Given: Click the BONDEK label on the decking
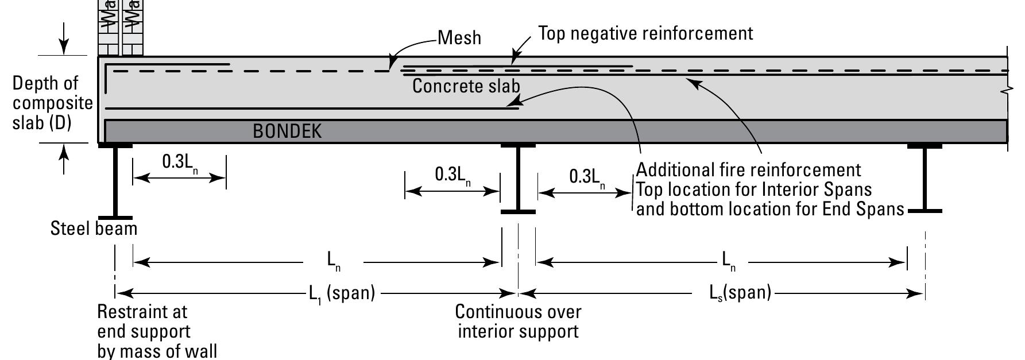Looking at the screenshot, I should (x=287, y=131).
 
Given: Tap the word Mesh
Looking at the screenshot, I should (x=459, y=38).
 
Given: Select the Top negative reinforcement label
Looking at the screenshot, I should (x=645, y=33).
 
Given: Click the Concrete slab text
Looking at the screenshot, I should (x=466, y=86).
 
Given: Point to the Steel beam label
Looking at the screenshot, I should (x=94, y=229).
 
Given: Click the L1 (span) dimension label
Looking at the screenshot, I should (x=342, y=293).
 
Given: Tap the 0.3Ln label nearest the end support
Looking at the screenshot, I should (x=181, y=162).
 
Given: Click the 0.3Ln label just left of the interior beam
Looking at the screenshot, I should (x=453, y=175).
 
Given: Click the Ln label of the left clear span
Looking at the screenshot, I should (x=334, y=261).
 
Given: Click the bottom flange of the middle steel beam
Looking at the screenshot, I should (x=518, y=212).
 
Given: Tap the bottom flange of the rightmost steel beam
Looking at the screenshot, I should (x=925, y=211).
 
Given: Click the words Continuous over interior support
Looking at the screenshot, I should (x=518, y=322).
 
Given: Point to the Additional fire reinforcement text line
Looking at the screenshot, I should (x=748, y=170).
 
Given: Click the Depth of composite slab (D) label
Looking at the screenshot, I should (x=52, y=103).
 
